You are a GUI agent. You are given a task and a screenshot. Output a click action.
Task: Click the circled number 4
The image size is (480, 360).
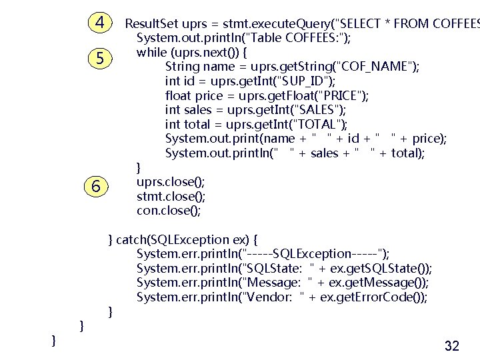tap(100, 23)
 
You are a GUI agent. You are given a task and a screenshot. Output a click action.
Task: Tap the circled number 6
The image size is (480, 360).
tap(97, 187)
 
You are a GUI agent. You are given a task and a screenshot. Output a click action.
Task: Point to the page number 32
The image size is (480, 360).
tap(451, 346)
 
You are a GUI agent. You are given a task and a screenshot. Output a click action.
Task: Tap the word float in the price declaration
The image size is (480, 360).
tap(178, 95)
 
